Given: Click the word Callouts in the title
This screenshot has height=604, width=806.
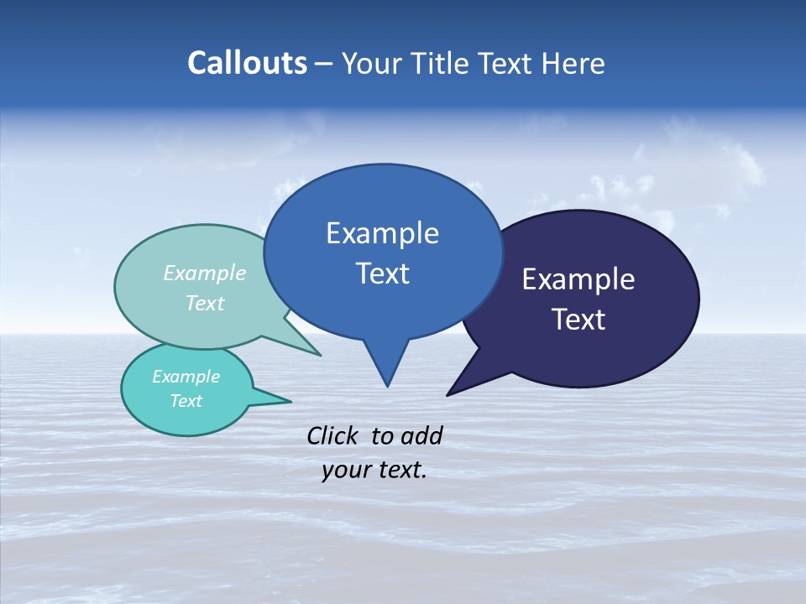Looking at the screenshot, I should coord(247,63).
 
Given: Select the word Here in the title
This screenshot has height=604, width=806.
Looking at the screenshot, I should coord(573,63).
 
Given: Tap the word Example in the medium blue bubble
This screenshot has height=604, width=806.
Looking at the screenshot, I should coord(382,233).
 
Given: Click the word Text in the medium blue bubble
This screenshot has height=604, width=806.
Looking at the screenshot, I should coord(382,273).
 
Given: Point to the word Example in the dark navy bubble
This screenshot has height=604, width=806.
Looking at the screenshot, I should coord(578,279).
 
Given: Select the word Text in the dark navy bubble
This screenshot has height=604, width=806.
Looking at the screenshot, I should coord(578,320).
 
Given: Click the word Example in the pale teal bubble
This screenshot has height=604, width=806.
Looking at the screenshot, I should coord(205,273).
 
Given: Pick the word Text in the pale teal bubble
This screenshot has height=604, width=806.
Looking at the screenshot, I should coord(205,303).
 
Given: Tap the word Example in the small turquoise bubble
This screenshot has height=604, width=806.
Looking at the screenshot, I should coord(186,377).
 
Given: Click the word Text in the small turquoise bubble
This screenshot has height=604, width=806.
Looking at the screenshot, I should coord(186,401).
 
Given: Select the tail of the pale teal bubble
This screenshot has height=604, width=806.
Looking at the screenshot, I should coord(311,350).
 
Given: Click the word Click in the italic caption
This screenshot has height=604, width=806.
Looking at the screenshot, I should coord(332,435).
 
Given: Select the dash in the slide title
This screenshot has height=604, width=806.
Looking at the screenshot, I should coord(323,64).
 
